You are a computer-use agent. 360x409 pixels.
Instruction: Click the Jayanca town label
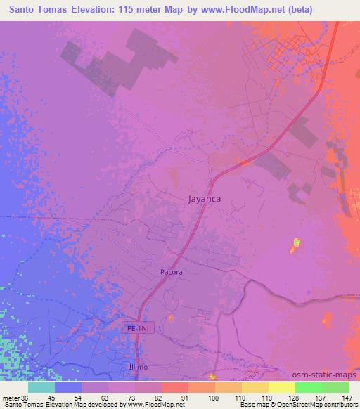(x=205, y=199)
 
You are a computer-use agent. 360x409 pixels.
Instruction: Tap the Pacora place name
(x=171, y=271)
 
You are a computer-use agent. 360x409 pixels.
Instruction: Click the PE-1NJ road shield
(x=141, y=327)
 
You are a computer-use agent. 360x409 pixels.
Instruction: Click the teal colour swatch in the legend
(x=41, y=387)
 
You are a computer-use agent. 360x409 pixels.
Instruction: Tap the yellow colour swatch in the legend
(x=281, y=387)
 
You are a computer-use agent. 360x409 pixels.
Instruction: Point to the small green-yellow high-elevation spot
(x=295, y=244)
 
